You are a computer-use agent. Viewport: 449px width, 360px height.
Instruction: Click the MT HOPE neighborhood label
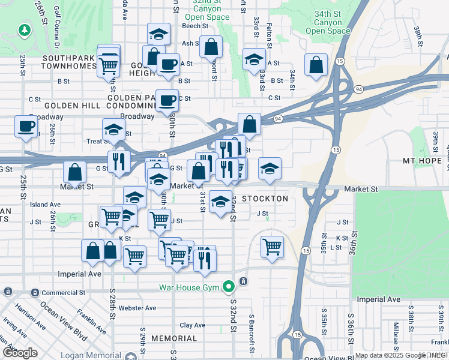[x=421, y=161]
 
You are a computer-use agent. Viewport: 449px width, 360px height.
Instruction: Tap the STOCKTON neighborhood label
[x=265, y=199]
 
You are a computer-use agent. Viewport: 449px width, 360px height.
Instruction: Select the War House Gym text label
[x=190, y=287]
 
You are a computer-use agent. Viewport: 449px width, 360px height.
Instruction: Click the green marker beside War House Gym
[x=228, y=287]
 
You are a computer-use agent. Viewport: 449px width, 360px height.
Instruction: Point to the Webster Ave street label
[x=137, y=308]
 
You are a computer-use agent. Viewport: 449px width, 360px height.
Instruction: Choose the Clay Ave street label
[x=193, y=325]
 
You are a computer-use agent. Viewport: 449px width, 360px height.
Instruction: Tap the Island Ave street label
[x=46, y=205]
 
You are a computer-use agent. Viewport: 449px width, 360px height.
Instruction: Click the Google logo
[x=20, y=353]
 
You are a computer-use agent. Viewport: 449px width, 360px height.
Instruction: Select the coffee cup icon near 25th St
[x=26, y=127]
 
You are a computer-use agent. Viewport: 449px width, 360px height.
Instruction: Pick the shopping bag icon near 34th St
[x=316, y=65]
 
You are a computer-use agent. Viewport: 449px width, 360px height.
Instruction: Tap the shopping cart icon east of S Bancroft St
[x=272, y=245]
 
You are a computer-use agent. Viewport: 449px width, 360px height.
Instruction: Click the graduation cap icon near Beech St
[x=158, y=34]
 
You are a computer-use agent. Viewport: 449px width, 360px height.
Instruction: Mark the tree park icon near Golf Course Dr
[x=24, y=29]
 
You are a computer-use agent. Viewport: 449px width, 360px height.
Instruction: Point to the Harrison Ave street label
[x=26, y=317]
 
